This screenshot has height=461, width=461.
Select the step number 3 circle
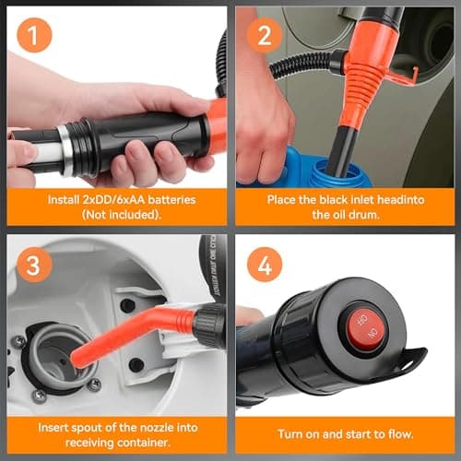34,265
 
